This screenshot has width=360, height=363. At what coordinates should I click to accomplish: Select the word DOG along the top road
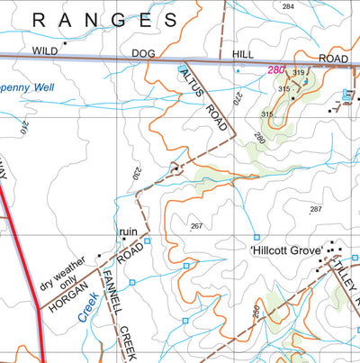pyautogui.click(x=143, y=53)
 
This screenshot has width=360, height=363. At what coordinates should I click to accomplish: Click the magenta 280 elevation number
pyautogui.click(x=274, y=70)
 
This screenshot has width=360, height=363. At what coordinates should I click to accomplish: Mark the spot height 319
pyautogui.click(x=299, y=73)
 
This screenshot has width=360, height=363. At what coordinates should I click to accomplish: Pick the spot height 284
pyautogui.click(x=287, y=6)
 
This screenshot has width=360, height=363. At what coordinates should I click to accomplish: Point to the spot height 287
pyautogui.click(x=315, y=209)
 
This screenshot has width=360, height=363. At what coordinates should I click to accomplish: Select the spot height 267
pyautogui.click(x=197, y=226)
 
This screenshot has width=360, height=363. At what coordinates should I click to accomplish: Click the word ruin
pyautogui.click(x=128, y=231)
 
